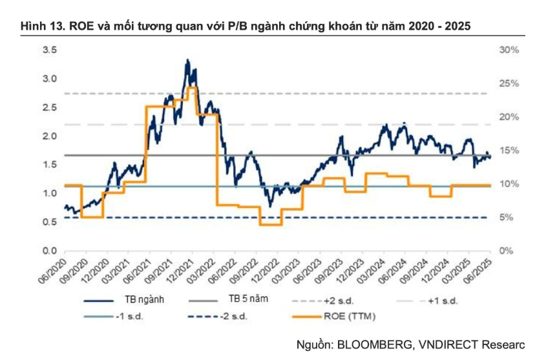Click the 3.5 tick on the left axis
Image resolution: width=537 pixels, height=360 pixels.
pos(49,50)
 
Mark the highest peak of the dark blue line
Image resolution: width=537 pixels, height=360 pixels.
pos(187,60)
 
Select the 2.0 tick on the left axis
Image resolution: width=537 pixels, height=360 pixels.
pos(49,136)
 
